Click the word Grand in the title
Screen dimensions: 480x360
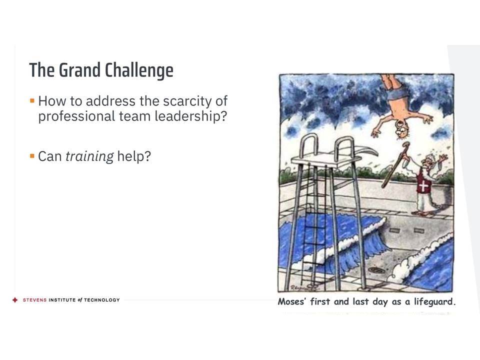(79, 70)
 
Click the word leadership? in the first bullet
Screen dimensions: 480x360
(191, 116)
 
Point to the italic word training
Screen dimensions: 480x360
(89, 156)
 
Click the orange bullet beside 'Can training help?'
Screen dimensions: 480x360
(32, 156)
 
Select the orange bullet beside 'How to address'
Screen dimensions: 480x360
(32, 100)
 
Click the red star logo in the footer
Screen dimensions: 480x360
(15, 300)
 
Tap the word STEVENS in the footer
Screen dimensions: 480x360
(34, 300)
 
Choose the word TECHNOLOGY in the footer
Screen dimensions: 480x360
(102, 300)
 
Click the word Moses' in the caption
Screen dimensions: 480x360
(291, 301)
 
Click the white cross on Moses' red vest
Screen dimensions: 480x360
(423, 185)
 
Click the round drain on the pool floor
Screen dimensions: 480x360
(376, 270)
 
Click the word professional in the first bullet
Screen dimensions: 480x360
(76, 116)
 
